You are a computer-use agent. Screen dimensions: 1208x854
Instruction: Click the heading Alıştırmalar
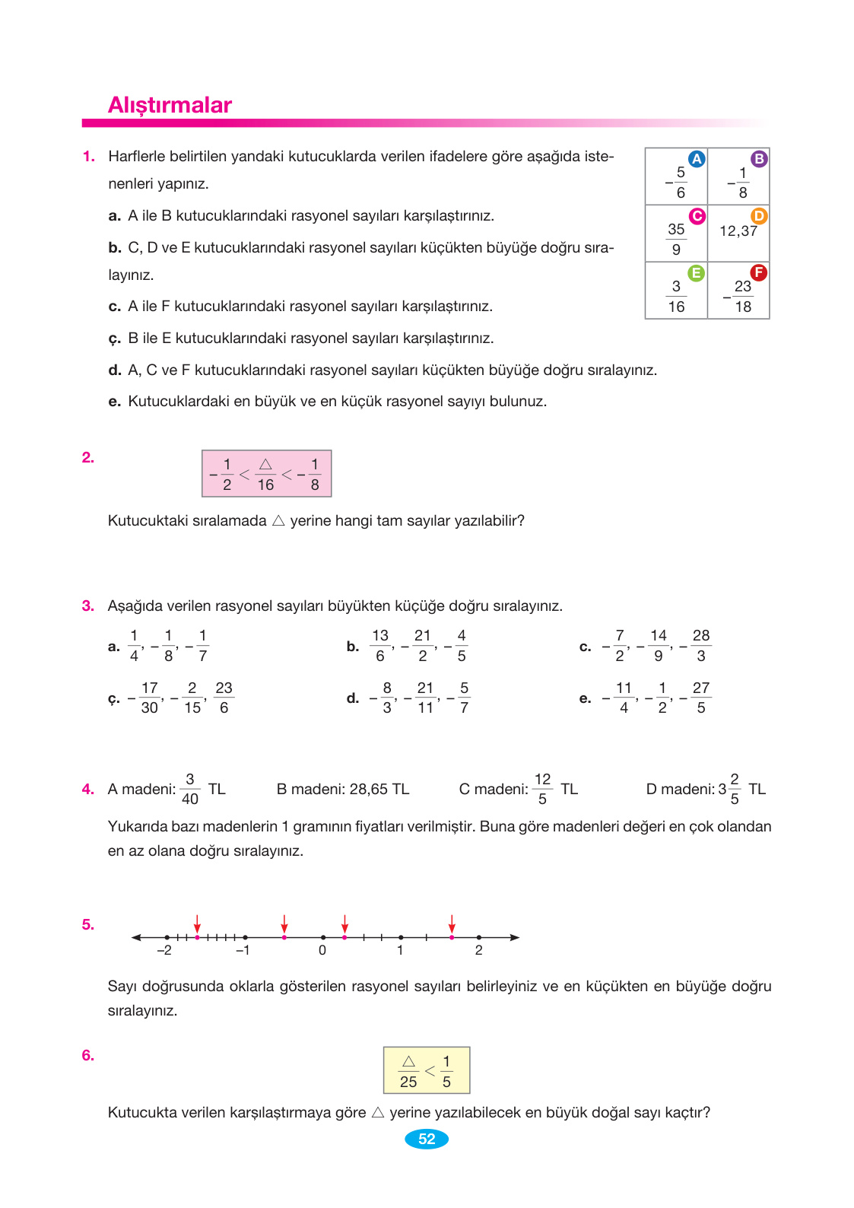(x=170, y=105)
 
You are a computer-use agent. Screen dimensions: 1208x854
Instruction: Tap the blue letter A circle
(x=697, y=159)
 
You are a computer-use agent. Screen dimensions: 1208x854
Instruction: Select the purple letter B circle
(x=759, y=159)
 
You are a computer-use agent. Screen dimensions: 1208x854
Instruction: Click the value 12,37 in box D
(x=738, y=231)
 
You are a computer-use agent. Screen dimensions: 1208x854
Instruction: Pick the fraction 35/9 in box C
(x=676, y=239)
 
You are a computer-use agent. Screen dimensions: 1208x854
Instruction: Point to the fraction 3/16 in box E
(x=676, y=296)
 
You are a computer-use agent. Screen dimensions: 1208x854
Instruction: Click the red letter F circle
(x=758, y=272)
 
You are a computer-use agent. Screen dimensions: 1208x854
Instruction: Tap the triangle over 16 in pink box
(x=265, y=465)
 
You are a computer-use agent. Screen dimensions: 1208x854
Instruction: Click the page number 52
(x=427, y=1139)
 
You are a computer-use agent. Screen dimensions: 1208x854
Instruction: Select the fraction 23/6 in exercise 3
(x=224, y=698)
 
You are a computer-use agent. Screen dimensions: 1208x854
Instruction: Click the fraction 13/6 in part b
(x=380, y=645)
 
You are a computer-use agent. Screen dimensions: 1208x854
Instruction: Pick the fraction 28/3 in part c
(x=700, y=645)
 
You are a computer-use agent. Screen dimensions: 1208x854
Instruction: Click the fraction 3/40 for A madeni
(x=190, y=789)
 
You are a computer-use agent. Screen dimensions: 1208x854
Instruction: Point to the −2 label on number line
(x=164, y=950)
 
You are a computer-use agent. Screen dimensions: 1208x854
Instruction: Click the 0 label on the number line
(x=322, y=950)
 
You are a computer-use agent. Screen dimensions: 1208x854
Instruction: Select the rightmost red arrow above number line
(x=452, y=923)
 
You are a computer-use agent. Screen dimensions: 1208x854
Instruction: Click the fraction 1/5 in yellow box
(x=446, y=1071)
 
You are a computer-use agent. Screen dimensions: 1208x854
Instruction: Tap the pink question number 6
(x=88, y=1055)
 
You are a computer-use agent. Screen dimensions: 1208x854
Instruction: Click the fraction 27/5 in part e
(x=700, y=698)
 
